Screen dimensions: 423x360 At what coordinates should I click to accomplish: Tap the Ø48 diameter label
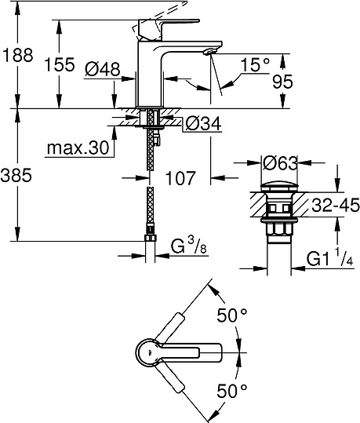101,69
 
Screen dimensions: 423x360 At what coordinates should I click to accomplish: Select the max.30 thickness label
77,148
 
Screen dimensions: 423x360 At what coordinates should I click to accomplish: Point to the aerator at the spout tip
207,51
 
